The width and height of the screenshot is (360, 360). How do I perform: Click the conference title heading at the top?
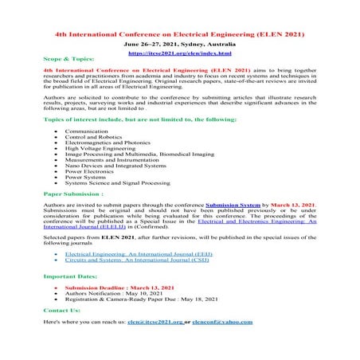180,37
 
